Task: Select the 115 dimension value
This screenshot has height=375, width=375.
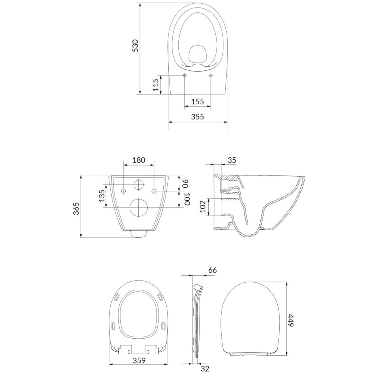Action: point(155,85)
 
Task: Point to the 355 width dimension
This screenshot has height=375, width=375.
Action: point(197,117)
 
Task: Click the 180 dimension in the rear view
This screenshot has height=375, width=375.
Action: point(139,160)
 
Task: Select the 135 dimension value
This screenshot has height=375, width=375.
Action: point(102,196)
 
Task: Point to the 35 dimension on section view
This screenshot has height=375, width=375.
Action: point(231,160)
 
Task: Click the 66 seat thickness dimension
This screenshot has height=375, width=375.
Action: point(212,270)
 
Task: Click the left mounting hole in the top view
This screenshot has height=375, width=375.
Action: point(185,75)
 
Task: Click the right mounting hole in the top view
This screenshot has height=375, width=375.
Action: point(211,75)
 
